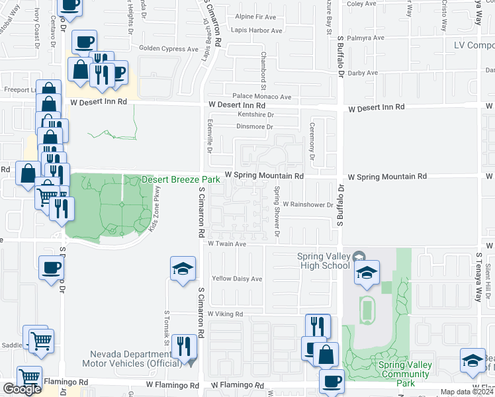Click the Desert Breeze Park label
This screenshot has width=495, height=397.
click(x=180, y=179)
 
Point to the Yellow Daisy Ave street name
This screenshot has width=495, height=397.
click(x=236, y=279)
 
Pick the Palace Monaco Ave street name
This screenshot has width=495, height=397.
click(x=261, y=97)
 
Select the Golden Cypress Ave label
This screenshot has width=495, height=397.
click(x=168, y=48)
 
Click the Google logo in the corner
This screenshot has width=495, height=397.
click(x=22, y=389)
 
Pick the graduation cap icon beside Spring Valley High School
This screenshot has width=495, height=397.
click(x=366, y=273)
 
